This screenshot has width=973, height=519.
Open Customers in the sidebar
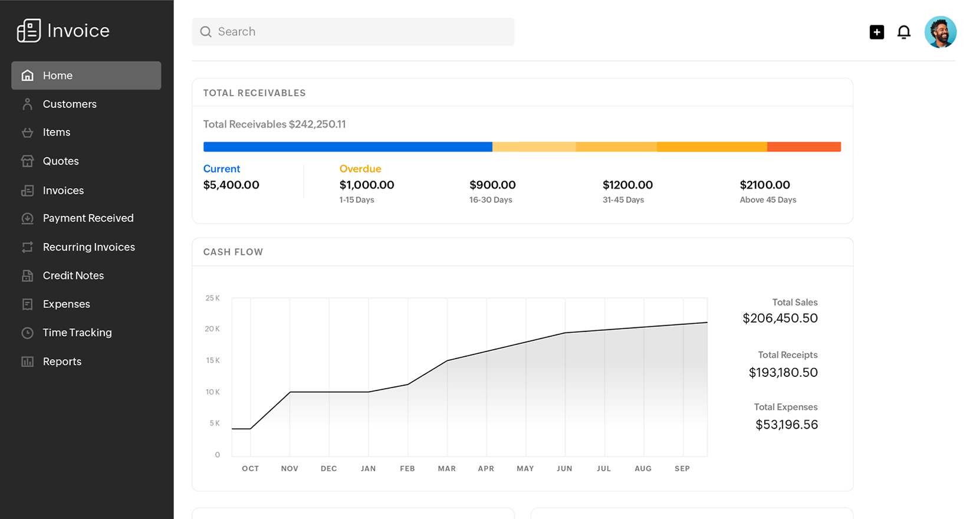click(x=69, y=104)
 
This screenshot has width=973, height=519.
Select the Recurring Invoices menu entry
click(x=88, y=247)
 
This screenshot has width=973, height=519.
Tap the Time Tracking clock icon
click(x=27, y=333)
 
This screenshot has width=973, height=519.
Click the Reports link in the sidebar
click(x=62, y=362)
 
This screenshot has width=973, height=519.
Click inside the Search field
click(x=354, y=32)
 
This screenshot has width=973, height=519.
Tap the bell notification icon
click(x=903, y=32)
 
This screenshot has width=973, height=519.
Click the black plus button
click(x=877, y=32)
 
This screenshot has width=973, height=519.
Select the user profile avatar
click(x=940, y=32)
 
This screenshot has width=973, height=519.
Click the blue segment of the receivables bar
click(x=347, y=147)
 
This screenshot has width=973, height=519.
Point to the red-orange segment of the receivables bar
click(x=804, y=147)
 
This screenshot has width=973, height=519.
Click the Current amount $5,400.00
click(x=231, y=185)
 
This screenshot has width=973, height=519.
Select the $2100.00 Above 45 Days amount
click(x=765, y=185)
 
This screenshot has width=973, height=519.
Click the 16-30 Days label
click(x=491, y=200)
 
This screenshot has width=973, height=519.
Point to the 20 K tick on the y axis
click(x=212, y=329)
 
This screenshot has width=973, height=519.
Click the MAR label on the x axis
click(x=446, y=469)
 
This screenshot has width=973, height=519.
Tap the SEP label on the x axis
click(x=682, y=469)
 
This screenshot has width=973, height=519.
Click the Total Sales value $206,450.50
click(x=780, y=318)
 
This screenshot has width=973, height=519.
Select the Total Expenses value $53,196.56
click(x=786, y=425)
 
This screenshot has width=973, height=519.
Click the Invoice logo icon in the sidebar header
click(x=28, y=31)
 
